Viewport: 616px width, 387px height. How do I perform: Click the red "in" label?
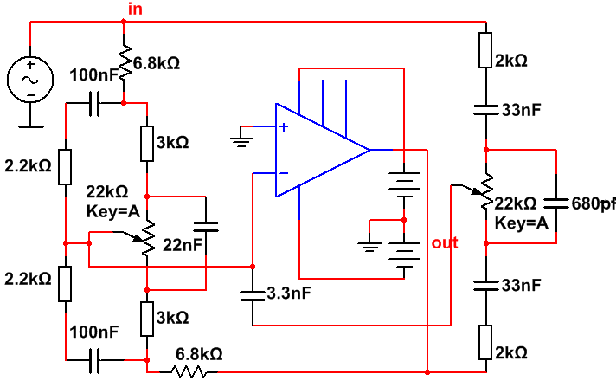(x=135, y=9)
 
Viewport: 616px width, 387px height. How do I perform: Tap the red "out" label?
(x=445, y=243)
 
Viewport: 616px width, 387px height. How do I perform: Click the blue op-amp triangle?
(x=320, y=150)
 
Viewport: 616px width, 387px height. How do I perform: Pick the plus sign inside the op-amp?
(x=283, y=127)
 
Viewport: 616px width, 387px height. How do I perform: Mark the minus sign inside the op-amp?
(x=283, y=171)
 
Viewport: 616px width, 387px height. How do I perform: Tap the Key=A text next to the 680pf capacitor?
(x=521, y=223)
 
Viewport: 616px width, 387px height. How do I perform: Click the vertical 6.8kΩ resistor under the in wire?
(x=124, y=62)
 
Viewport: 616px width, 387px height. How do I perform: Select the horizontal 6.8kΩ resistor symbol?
(x=190, y=371)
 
